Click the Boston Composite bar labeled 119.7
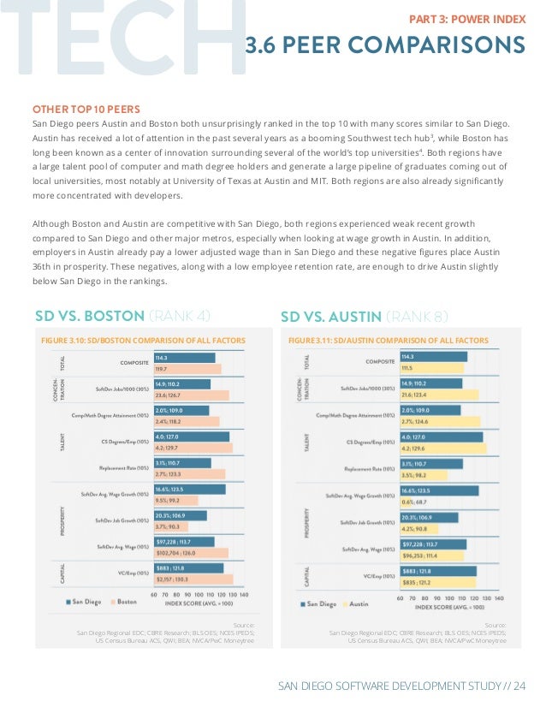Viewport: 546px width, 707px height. (187, 369)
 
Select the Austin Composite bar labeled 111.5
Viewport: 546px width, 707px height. (431, 369)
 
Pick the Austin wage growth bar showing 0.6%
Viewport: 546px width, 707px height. (414, 501)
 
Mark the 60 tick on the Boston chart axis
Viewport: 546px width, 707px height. (154, 593)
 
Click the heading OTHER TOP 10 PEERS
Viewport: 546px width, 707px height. (86, 109)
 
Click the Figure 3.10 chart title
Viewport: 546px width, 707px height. (143, 341)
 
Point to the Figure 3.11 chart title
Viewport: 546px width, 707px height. (389, 341)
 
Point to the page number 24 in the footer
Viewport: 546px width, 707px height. (519, 685)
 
